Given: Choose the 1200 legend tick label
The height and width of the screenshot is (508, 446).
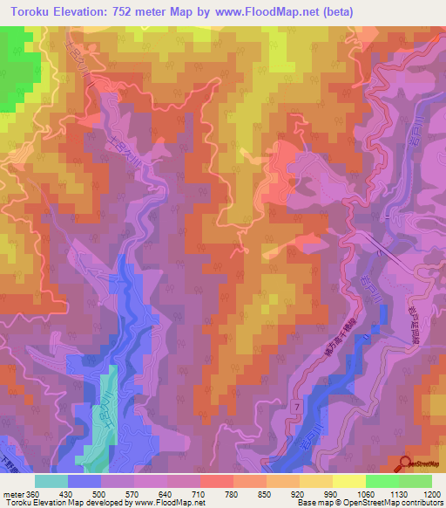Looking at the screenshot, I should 432,492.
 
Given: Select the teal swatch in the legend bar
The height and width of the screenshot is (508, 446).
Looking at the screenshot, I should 51,481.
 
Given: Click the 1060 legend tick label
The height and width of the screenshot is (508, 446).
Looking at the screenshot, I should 364,492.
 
